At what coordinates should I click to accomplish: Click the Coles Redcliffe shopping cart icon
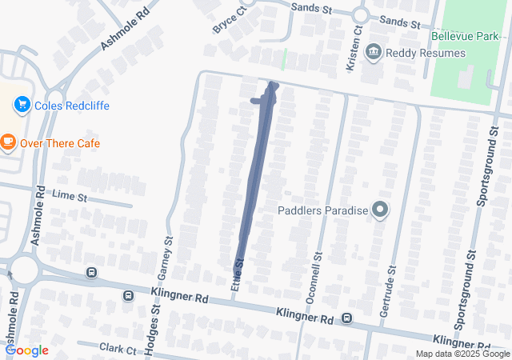pyautogui.click(x=22, y=105)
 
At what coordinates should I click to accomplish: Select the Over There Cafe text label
pyautogui.click(x=61, y=144)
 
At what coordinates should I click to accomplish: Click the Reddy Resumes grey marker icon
pyautogui.click(x=373, y=54)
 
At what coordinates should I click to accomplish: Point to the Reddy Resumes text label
pyautogui.click(x=425, y=54)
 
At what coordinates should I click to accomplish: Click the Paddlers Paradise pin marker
pyautogui.click(x=380, y=211)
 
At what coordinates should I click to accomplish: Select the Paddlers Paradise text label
pyautogui.click(x=322, y=211)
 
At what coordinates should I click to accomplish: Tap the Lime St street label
pyautogui.click(x=68, y=194)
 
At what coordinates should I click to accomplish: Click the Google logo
pyautogui.click(x=26, y=350)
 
